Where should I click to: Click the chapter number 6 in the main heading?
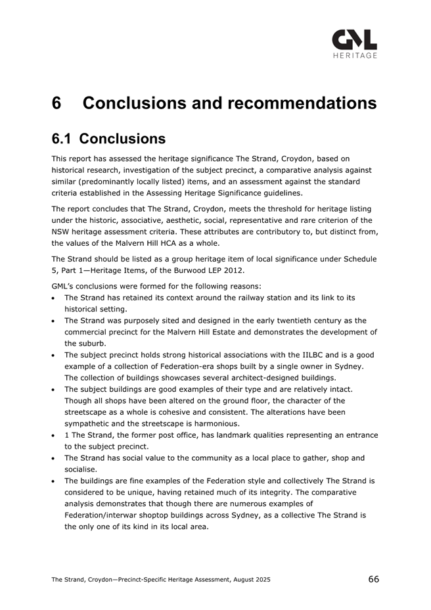coord(58,104)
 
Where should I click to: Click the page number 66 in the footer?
coord(373,579)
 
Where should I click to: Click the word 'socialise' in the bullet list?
coord(80,469)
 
